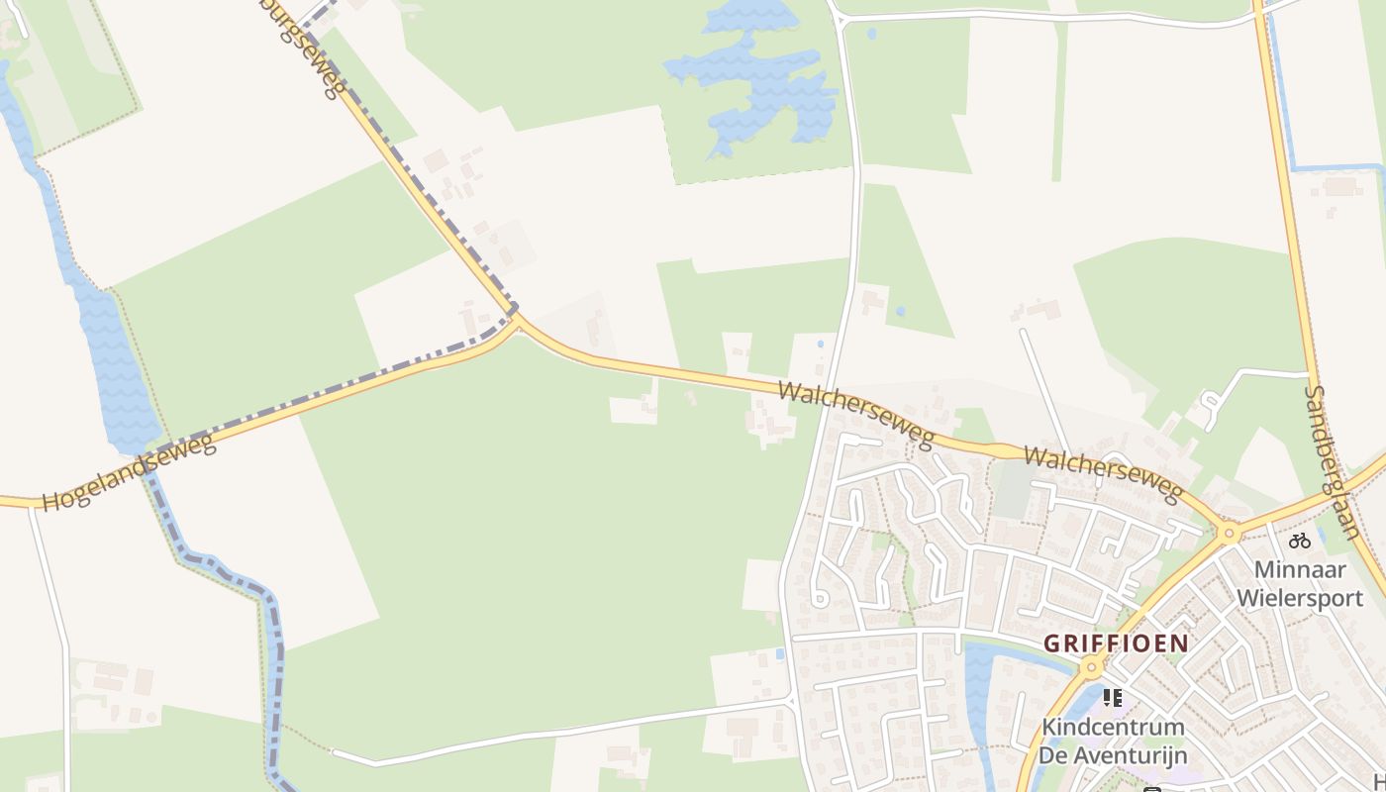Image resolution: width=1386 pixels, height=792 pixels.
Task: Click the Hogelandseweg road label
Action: pyautogui.click(x=129, y=472)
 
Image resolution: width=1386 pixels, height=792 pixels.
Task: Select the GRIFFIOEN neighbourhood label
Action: pyautogui.click(x=1116, y=643)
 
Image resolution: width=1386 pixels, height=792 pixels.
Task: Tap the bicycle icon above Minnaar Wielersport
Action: pyautogui.click(x=1300, y=541)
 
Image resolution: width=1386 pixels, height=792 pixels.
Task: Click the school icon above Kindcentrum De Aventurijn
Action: pyautogui.click(x=1112, y=698)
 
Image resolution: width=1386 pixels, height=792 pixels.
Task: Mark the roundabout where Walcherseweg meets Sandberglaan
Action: pyautogui.click(x=1230, y=534)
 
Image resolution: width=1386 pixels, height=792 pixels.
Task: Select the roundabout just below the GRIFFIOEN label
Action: pyautogui.click(x=1092, y=669)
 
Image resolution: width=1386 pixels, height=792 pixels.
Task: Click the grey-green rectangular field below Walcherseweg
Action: pyautogui.click(x=1012, y=490)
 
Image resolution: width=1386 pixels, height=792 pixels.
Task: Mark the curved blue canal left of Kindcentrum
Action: pyautogui.click(x=980, y=693)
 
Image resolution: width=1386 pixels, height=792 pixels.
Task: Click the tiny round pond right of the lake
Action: pyautogui.click(x=871, y=34)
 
